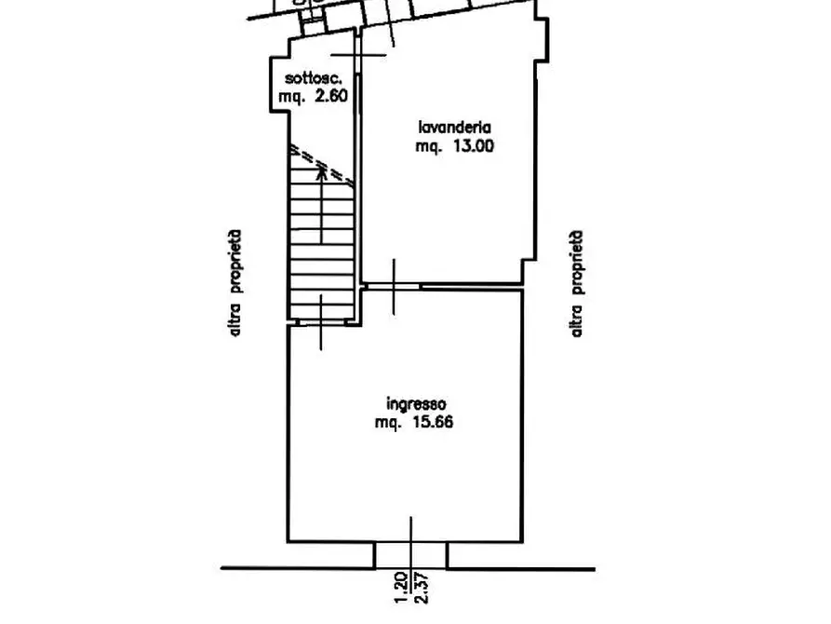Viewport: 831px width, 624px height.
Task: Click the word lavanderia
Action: point(455,128)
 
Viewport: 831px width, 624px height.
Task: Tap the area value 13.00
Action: point(473,146)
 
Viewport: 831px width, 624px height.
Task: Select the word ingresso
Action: point(416,404)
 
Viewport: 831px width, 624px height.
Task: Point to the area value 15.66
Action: point(433,423)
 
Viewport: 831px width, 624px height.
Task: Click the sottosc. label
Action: point(314,78)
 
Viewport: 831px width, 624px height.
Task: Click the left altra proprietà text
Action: point(235,283)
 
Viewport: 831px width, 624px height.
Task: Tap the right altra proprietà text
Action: point(577,283)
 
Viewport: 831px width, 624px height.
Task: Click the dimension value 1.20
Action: point(401,587)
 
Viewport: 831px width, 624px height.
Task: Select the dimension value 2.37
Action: point(422,587)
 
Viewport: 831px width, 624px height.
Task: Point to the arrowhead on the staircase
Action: point(321,170)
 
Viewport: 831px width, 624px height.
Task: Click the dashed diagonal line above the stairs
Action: point(321,165)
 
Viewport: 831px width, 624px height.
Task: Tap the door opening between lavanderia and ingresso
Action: point(394,287)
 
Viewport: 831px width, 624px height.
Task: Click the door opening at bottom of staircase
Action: point(322,322)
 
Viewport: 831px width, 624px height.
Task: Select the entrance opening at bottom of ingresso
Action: point(410,556)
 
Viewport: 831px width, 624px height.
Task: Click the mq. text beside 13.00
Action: point(428,147)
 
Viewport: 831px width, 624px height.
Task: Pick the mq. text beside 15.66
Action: point(388,424)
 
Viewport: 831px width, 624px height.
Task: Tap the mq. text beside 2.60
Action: point(291,97)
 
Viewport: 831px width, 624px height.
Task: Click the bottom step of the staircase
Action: point(321,312)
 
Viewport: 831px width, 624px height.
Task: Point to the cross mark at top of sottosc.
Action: point(359,55)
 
